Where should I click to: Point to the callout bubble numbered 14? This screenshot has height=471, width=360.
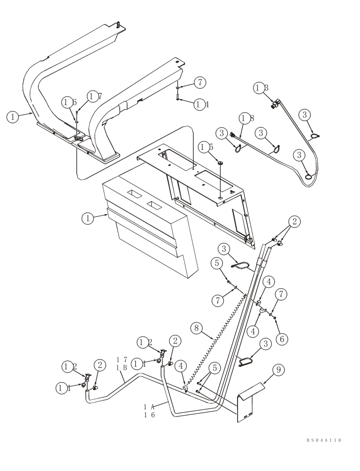[x=201, y=105]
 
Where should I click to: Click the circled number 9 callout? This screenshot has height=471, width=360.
[x=278, y=370]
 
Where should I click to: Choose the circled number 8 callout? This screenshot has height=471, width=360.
[x=197, y=328]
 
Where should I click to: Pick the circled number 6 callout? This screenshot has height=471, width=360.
[x=282, y=339]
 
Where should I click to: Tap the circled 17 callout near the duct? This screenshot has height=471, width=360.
[x=94, y=97]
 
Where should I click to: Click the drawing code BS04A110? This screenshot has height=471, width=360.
[x=323, y=440]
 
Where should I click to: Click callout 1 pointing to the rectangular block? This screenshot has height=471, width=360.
[x=87, y=219]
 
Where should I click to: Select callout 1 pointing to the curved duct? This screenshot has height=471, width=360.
[x=13, y=117]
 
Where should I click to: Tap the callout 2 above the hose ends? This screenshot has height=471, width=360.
[x=295, y=221]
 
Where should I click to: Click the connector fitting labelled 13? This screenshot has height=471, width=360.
[x=276, y=103]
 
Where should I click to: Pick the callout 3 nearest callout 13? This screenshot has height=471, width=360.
[x=304, y=115]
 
